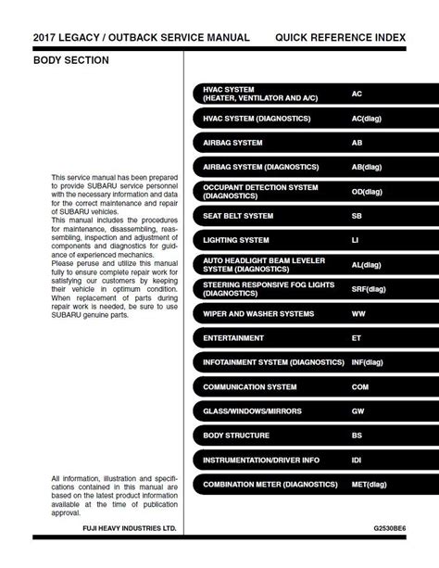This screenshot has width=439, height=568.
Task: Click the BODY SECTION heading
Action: point(71,60)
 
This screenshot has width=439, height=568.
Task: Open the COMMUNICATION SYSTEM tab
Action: point(250,386)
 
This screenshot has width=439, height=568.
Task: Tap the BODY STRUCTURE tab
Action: point(236,435)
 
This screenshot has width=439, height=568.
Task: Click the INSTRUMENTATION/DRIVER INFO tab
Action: point(261,459)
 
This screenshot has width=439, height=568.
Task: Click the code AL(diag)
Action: point(367,264)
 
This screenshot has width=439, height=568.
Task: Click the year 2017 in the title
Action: point(47,37)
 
